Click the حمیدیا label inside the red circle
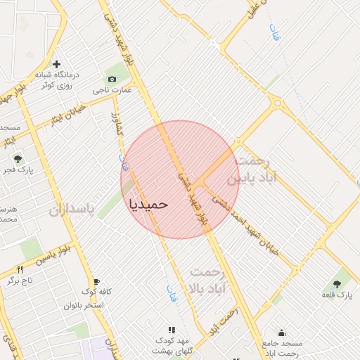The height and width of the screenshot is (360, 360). [x=149, y=203]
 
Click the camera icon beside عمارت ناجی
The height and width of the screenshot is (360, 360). [x=112, y=78]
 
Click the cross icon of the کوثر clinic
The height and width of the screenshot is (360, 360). [x=57, y=65]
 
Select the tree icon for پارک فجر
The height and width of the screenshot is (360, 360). [x=18, y=159]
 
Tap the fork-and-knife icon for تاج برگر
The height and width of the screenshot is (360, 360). [x=20, y=269]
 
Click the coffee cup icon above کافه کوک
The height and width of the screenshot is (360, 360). [x=96, y=281]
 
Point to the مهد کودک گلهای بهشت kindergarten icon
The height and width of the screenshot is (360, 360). [x=171, y=329]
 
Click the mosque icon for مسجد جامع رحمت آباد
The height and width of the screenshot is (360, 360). [x=282, y=333]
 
